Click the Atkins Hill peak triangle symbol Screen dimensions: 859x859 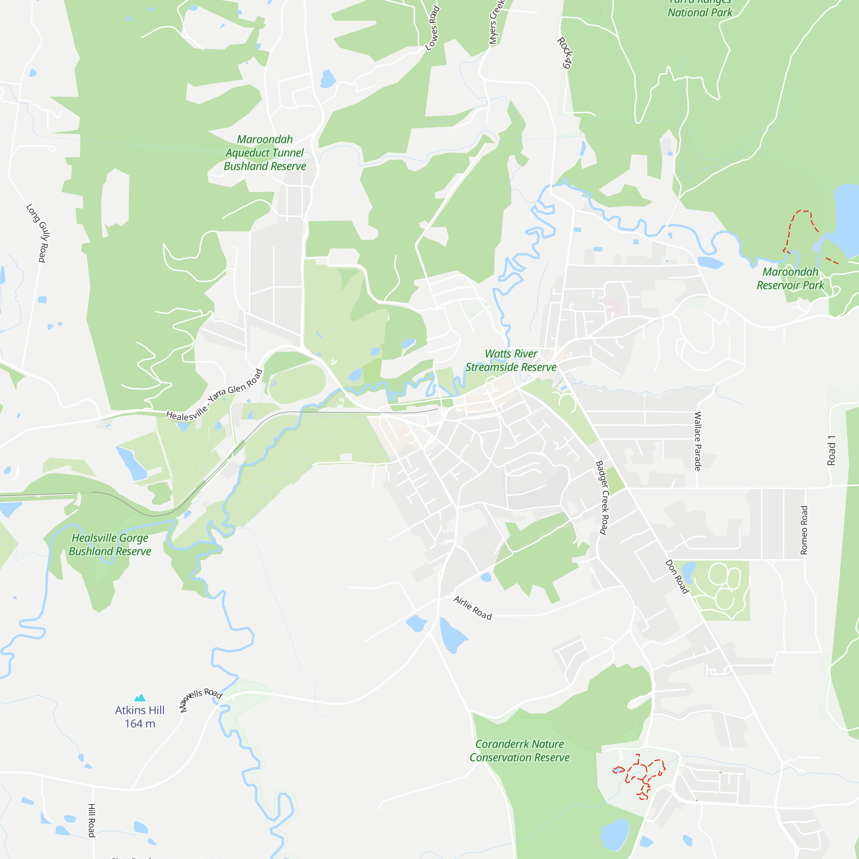point(140,697)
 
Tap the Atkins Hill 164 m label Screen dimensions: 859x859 point(140,717)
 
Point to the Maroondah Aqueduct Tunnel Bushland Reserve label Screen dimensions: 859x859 point(265,153)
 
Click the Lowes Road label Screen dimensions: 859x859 point(433,28)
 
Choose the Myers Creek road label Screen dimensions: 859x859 point(496,22)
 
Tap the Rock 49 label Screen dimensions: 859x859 point(564,53)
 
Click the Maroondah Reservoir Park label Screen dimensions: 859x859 point(790,278)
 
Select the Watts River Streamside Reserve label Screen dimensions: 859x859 point(511,360)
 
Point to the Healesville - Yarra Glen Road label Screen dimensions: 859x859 point(214,395)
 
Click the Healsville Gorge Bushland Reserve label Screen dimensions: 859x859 point(110,544)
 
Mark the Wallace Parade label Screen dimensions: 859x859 point(698,441)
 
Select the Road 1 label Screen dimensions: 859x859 point(831,451)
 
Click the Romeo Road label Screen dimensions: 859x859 point(804,530)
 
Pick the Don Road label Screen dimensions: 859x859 point(677,576)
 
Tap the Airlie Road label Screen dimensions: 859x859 point(472,608)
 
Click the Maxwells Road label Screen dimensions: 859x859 point(201,699)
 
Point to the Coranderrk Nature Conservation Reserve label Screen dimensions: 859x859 point(519,750)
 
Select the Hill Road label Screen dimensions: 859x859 point(91,820)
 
